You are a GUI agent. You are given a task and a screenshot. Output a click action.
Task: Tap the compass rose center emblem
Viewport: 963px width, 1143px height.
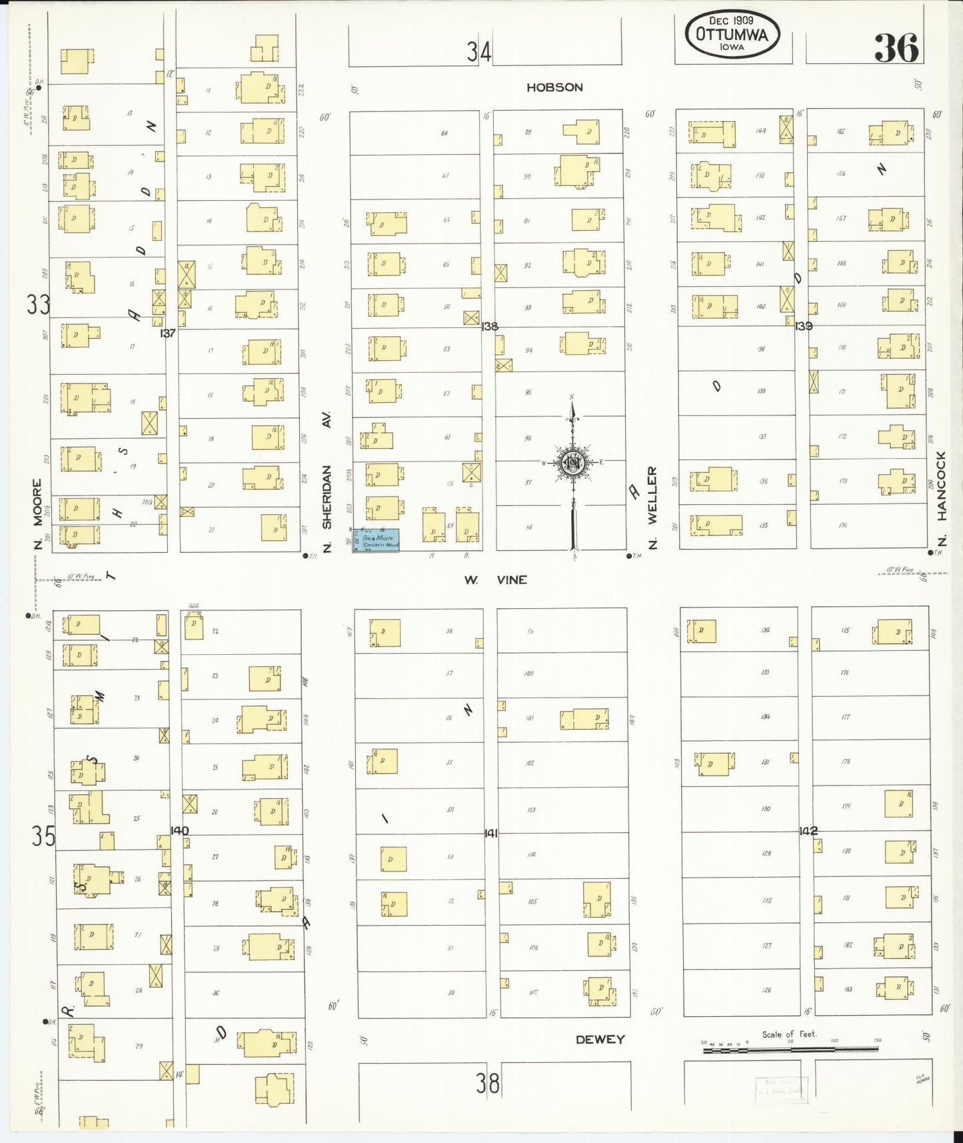pos(572,462)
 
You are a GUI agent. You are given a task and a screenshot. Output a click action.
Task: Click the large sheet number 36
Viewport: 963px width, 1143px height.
pos(896,48)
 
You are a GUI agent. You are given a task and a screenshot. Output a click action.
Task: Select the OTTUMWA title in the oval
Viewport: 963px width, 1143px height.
pos(731,34)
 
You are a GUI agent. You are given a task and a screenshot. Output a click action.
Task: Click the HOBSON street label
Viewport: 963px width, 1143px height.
pos(554,87)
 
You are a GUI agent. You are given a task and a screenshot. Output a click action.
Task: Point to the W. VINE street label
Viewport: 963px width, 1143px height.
pos(496,580)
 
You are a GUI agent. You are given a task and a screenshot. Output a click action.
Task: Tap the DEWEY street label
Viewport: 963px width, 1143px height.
pos(600,1039)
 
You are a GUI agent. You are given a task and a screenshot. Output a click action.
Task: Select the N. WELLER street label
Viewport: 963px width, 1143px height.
pos(652,507)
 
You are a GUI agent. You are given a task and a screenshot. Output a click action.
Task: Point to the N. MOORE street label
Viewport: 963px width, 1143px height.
pos(37,515)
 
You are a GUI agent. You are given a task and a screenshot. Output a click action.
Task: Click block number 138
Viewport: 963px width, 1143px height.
pos(490,326)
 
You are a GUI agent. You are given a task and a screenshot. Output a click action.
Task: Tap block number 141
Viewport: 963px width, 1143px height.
pos(491,833)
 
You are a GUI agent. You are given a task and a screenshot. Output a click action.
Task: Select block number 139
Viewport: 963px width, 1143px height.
pos(804,325)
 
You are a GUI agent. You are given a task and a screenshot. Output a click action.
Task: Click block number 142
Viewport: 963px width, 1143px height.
pos(808,831)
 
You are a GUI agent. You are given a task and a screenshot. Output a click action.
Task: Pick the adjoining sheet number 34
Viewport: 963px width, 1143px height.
pos(479,52)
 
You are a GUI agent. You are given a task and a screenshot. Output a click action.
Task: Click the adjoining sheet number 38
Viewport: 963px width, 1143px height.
pos(487,1084)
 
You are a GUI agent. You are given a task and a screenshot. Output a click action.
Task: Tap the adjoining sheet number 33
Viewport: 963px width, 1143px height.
pos(38,305)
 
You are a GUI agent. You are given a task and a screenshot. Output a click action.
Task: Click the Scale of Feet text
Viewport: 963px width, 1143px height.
pos(789,1034)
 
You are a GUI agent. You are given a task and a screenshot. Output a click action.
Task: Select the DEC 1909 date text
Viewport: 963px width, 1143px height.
pos(731,21)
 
